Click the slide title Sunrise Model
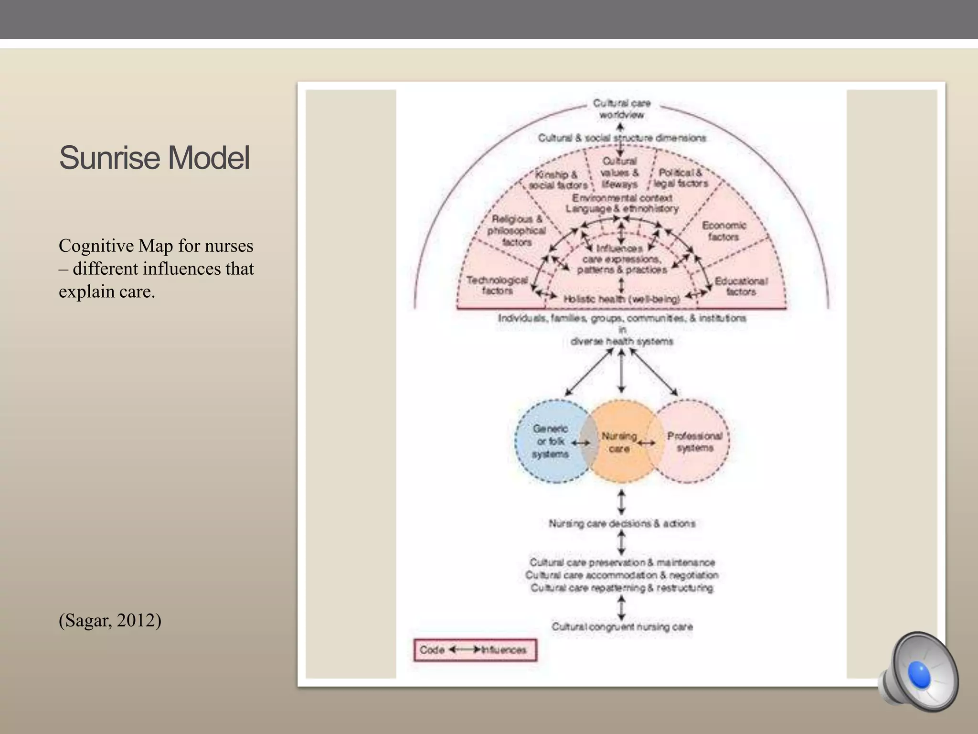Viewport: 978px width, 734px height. tap(154, 158)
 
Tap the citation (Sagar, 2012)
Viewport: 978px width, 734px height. tap(110, 620)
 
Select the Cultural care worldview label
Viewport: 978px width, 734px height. tap(621, 109)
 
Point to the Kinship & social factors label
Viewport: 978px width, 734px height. tap(557, 180)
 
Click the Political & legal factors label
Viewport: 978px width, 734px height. tap(680, 178)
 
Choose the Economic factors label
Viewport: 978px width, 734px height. tap(723, 231)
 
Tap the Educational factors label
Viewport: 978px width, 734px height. tap(741, 286)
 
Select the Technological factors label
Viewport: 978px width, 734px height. tap(497, 285)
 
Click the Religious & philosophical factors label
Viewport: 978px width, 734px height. tap(517, 230)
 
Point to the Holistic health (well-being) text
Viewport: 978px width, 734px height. tap(621, 299)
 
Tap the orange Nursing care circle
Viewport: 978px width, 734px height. tap(619, 442)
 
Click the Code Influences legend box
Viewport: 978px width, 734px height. tap(475, 650)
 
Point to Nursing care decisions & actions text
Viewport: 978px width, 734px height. tap(622, 524)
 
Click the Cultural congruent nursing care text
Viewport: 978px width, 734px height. tap(622, 626)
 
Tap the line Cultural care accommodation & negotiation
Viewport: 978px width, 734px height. tap(622, 575)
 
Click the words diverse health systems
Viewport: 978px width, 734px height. tap(622, 341)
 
